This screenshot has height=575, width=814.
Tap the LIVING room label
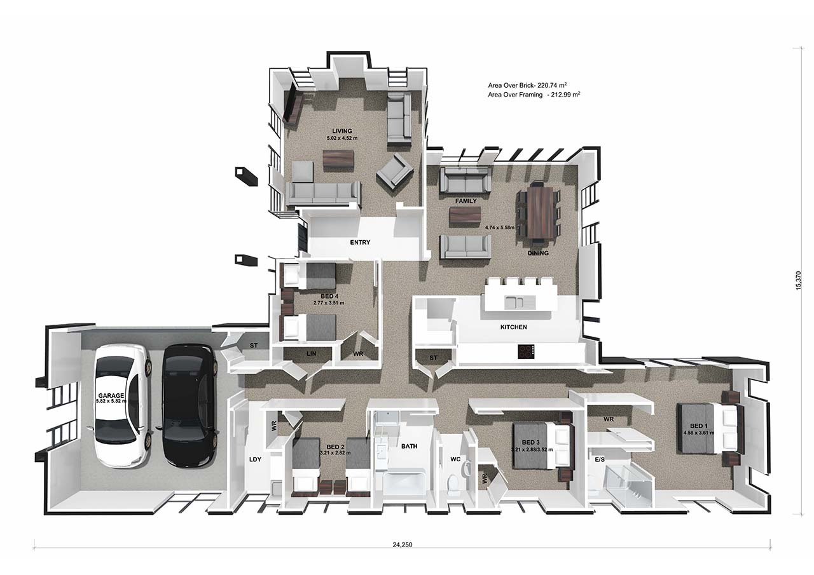click(x=342, y=132)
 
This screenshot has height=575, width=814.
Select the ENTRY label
click(x=360, y=242)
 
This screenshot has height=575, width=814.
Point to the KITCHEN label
click(x=513, y=327)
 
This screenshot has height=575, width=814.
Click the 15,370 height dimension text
click(x=799, y=280)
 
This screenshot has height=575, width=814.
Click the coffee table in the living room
click(x=338, y=159)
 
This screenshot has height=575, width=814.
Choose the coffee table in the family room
click(x=466, y=216)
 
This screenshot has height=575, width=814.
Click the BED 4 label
click(x=328, y=296)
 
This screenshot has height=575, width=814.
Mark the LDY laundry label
click(x=255, y=459)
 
